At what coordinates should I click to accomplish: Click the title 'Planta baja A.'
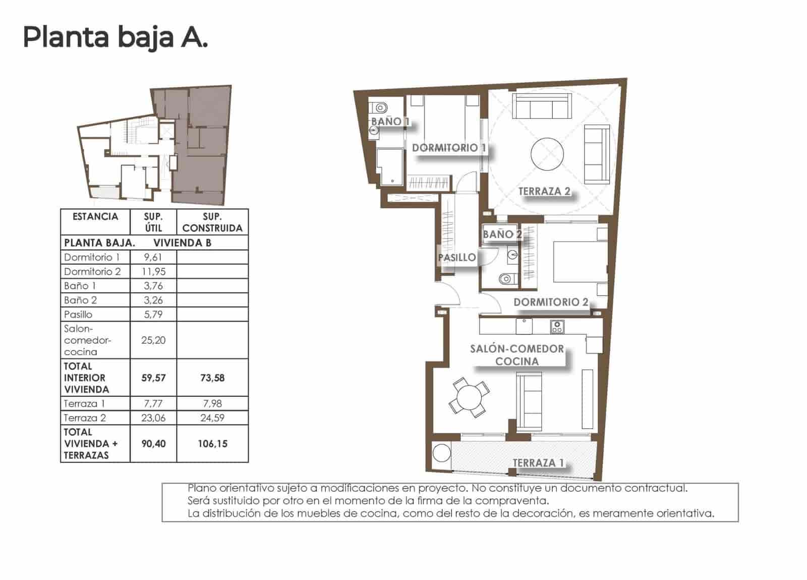coord(115,37)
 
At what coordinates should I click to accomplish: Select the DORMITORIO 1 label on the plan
coord(449,148)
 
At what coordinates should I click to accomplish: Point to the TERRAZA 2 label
coord(544,191)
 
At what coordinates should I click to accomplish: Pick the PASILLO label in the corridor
coord(456,258)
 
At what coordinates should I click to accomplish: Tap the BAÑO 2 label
coord(502,234)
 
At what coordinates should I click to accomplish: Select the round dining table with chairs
coord(469,397)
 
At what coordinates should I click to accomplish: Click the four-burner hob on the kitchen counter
coord(557,327)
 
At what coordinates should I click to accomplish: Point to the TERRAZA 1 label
coord(538,463)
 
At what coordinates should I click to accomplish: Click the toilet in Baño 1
coord(380,107)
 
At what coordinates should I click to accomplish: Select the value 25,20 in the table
coord(153,340)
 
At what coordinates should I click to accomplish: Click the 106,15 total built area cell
coord(212,444)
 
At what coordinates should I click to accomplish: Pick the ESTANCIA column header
coord(95,217)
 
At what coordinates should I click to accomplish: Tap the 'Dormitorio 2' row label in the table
coord(92,271)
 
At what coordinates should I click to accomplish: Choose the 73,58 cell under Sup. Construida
coord(212,378)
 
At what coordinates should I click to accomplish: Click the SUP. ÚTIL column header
coord(153,222)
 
